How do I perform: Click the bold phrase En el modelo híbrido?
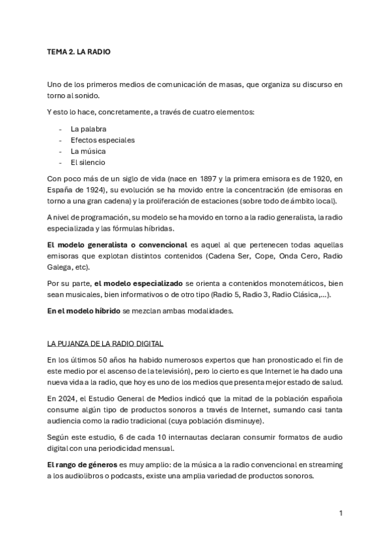83,312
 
